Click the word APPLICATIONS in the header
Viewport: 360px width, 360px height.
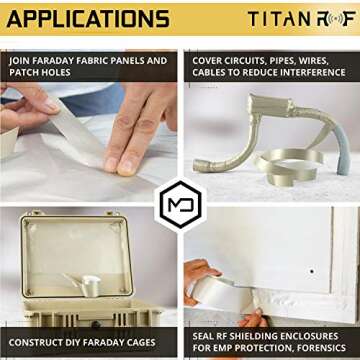(x=89, y=18)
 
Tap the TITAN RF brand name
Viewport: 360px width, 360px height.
(x=299, y=18)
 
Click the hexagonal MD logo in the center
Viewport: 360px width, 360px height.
(x=179, y=205)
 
